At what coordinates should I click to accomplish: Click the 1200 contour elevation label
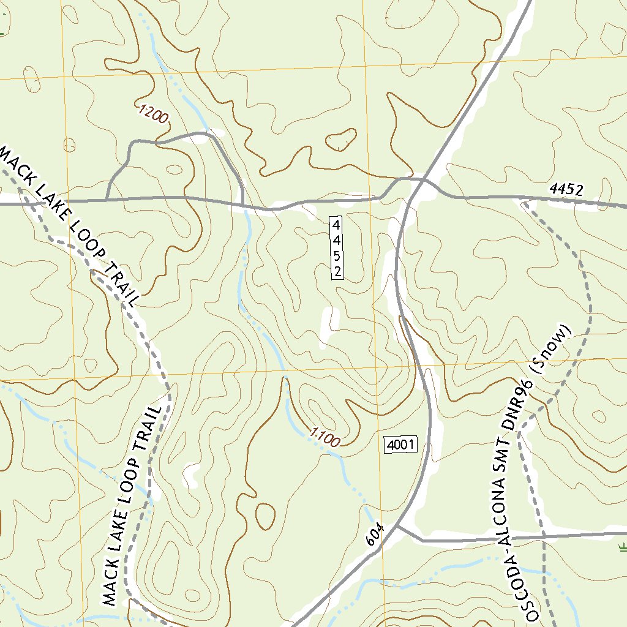pyautogui.click(x=153, y=114)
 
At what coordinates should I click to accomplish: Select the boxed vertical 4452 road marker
pyautogui.click(x=336, y=248)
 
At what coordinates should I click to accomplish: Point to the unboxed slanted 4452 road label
pyautogui.click(x=566, y=190)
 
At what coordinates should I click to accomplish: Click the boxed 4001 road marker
pyautogui.click(x=400, y=445)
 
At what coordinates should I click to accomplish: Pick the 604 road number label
pyautogui.click(x=375, y=533)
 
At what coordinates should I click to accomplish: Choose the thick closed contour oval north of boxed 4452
pyautogui.click(x=341, y=140)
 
